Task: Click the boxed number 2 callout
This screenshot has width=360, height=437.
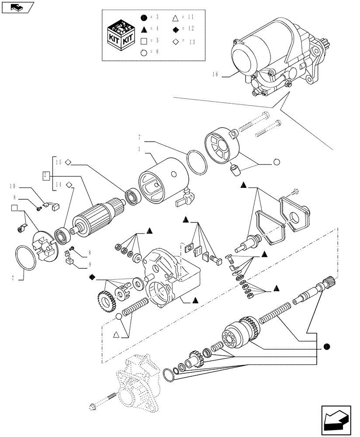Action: [45, 176]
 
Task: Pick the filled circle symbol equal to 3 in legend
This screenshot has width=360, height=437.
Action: [143, 17]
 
